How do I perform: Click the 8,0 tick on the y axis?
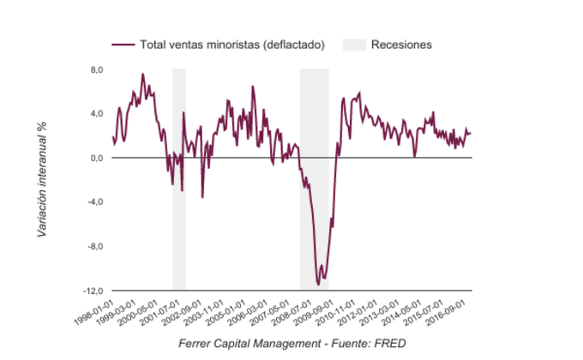click(x=97, y=69)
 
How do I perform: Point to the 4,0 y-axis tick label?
click(x=97, y=113)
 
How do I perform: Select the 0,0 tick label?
click(x=97, y=158)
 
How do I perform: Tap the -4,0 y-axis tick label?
click(x=95, y=202)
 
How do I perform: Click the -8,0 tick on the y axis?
click(x=95, y=247)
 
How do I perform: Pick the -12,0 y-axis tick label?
click(x=93, y=291)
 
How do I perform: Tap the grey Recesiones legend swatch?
click(x=353, y=44)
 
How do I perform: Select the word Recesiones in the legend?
click(x=401, y=44)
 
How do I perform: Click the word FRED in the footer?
click(x=390, y=344)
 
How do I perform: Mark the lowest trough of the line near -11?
click(x=319, y=284)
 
